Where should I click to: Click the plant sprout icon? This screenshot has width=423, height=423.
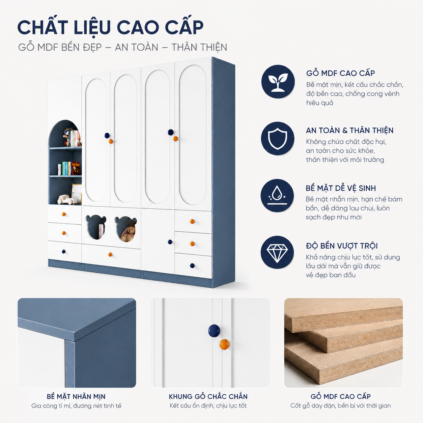click(x=278, y=82)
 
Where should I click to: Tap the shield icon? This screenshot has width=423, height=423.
click(x=278, y=139)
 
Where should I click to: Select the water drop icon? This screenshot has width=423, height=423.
click(x=277, y=195)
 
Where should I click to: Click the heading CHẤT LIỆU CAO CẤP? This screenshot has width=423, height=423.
click(x=110, y=27)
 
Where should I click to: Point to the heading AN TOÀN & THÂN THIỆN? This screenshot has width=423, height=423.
click(x=350, y=131)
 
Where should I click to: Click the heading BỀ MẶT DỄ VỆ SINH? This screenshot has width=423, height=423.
click(x=341, y=188)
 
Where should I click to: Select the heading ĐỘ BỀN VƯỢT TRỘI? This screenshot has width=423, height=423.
click(x=342, y=246)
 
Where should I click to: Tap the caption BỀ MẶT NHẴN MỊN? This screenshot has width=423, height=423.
click(x=76, y=396)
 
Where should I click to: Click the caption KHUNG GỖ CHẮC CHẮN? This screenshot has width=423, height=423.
click(x=208, y=396)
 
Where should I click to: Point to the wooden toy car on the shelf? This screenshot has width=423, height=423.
click(x=66, y=199)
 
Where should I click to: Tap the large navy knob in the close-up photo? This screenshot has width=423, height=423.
click(x=214, y=331)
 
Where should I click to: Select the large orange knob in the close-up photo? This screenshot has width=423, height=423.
click(x=224, y=344)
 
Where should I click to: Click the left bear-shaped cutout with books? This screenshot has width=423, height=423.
click(x=96, y=227)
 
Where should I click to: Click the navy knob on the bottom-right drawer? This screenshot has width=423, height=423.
click(x=192, y=265)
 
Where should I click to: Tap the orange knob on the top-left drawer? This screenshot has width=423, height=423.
click(x=64, y=214)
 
